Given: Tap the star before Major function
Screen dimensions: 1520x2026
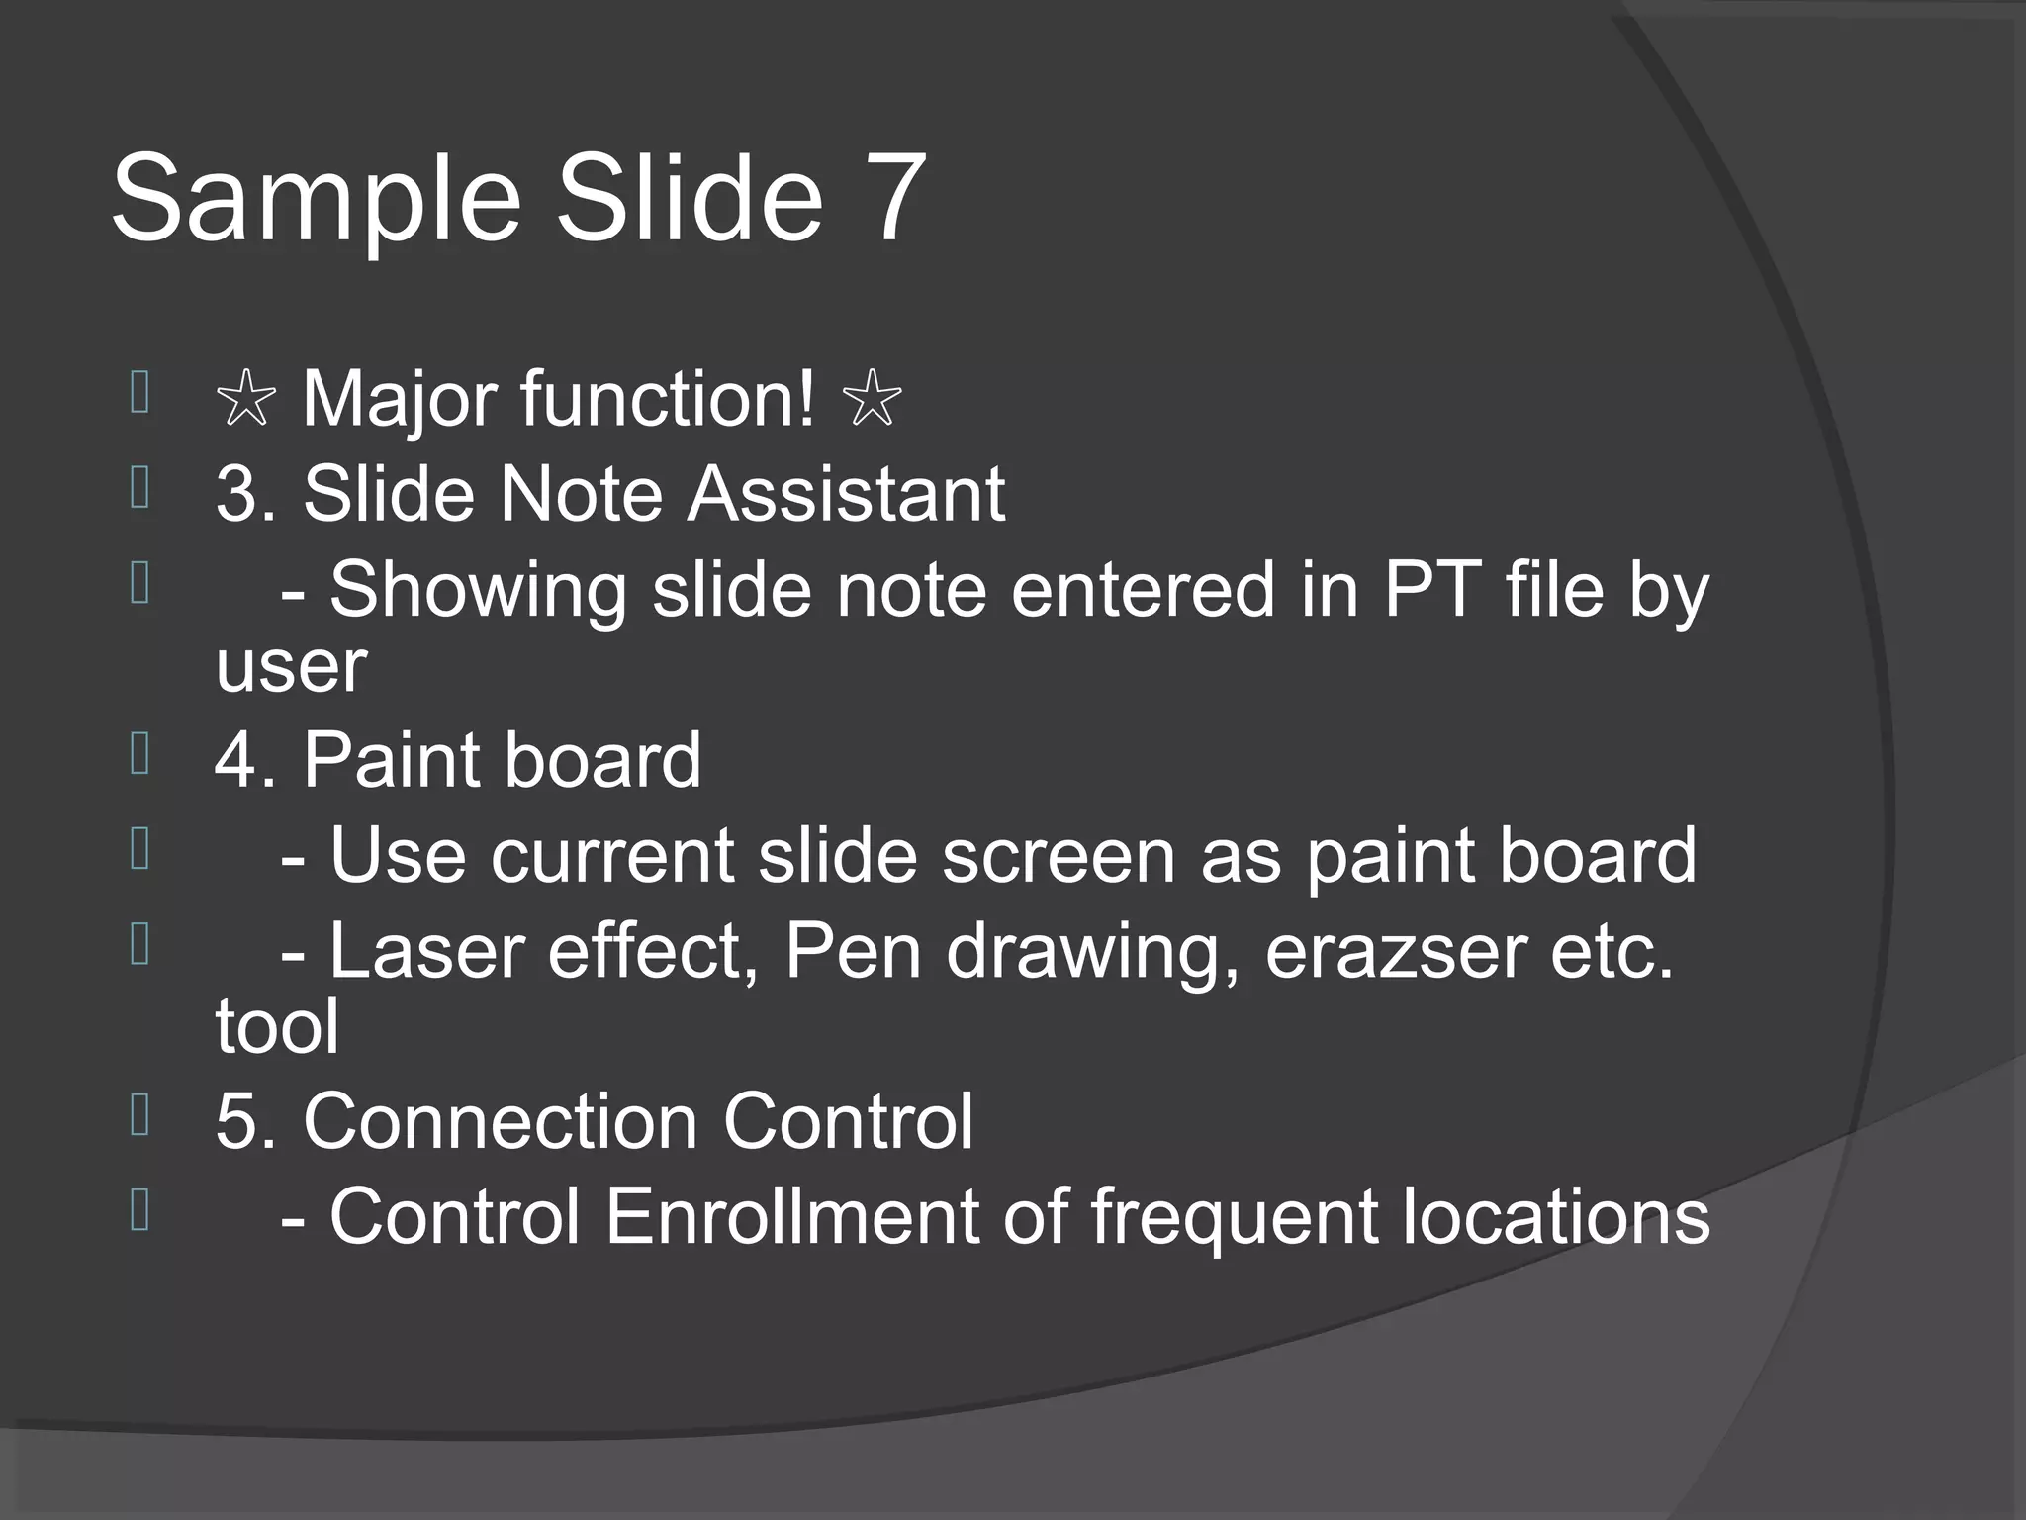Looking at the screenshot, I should coord(245,401).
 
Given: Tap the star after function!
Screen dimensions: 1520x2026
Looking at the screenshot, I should coord(871,401).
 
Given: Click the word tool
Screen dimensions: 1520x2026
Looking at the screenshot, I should coord(277,1025).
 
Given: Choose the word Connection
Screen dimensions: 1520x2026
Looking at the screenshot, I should coord(501,1121).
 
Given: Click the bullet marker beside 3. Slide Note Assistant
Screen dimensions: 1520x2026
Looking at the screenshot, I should coord(139,487).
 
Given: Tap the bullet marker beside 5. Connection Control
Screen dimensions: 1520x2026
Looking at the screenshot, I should coord(139,1114).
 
